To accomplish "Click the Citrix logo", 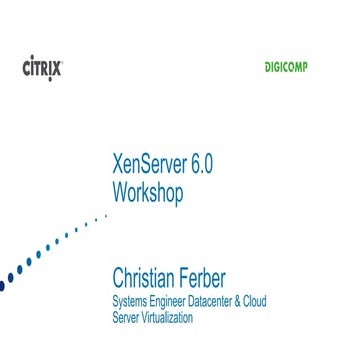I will click(x=42, y=69).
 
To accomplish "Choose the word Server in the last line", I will click(x=128, y=318).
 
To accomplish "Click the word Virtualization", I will click(x=170, y=317).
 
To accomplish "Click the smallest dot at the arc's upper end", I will click(x=106, y=214).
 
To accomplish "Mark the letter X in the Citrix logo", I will click(x=56, y=70).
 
